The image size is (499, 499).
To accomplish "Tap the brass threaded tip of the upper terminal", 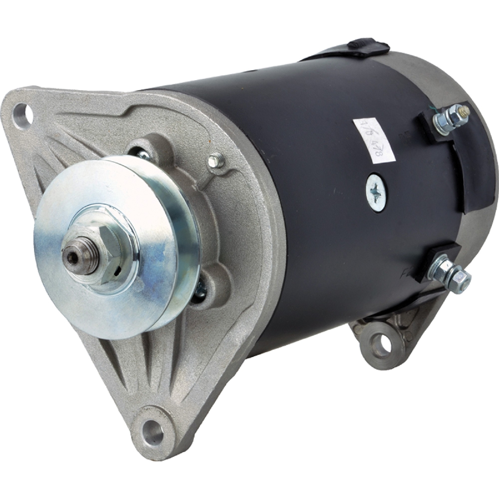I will click(x=465, y=110).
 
